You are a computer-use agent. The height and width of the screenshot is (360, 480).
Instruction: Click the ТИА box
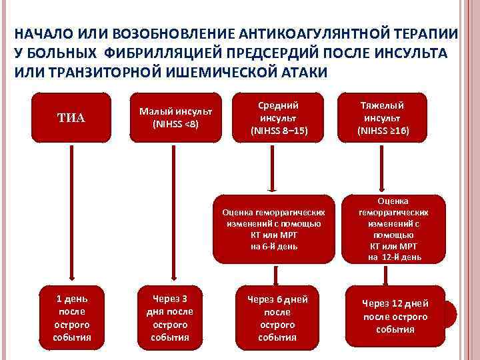pyautogui.click(x=72, y=118)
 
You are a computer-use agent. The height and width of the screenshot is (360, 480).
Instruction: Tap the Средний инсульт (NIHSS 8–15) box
pyautogui.click(x=278, y=118)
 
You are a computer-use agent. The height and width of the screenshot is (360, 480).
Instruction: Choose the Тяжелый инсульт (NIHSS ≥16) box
pyautogui.click(x=382, y=118)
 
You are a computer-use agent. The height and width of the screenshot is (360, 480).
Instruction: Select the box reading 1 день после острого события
pyautogui.click(x=72, y=314)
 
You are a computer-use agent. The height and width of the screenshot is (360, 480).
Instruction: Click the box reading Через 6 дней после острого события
pyautogui.click(x=277, y=314)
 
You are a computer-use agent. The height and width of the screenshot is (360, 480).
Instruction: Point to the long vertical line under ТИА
pyautogui.click(x=73, y=213)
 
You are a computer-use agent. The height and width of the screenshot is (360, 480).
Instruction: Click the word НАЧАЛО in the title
pyautogui.click(x=41, y=34)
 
